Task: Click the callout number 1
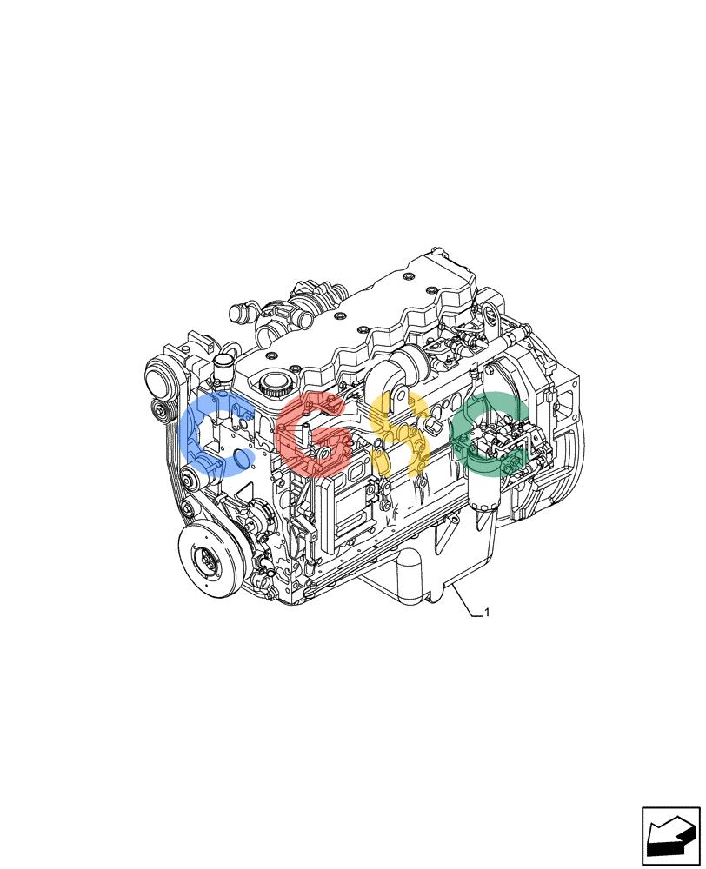[487, 613]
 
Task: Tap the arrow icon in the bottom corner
[671, 835]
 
